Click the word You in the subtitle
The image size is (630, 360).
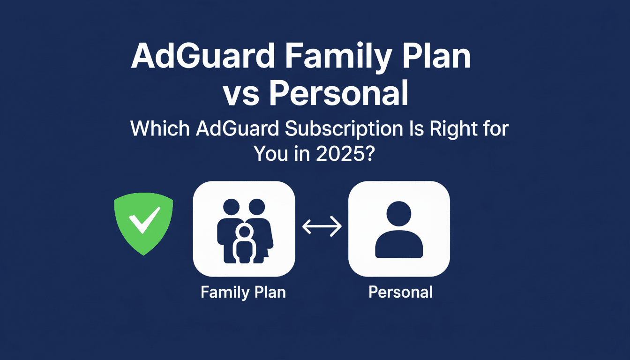[271, 153]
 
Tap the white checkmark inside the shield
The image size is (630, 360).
[143, 221]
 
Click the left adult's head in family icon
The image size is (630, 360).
[231, 207]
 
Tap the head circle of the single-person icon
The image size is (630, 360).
[398, 214]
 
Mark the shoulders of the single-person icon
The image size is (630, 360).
[398, 244]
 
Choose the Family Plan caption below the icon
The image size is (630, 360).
[243, 292]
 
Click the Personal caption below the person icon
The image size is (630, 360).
[400, 292]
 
